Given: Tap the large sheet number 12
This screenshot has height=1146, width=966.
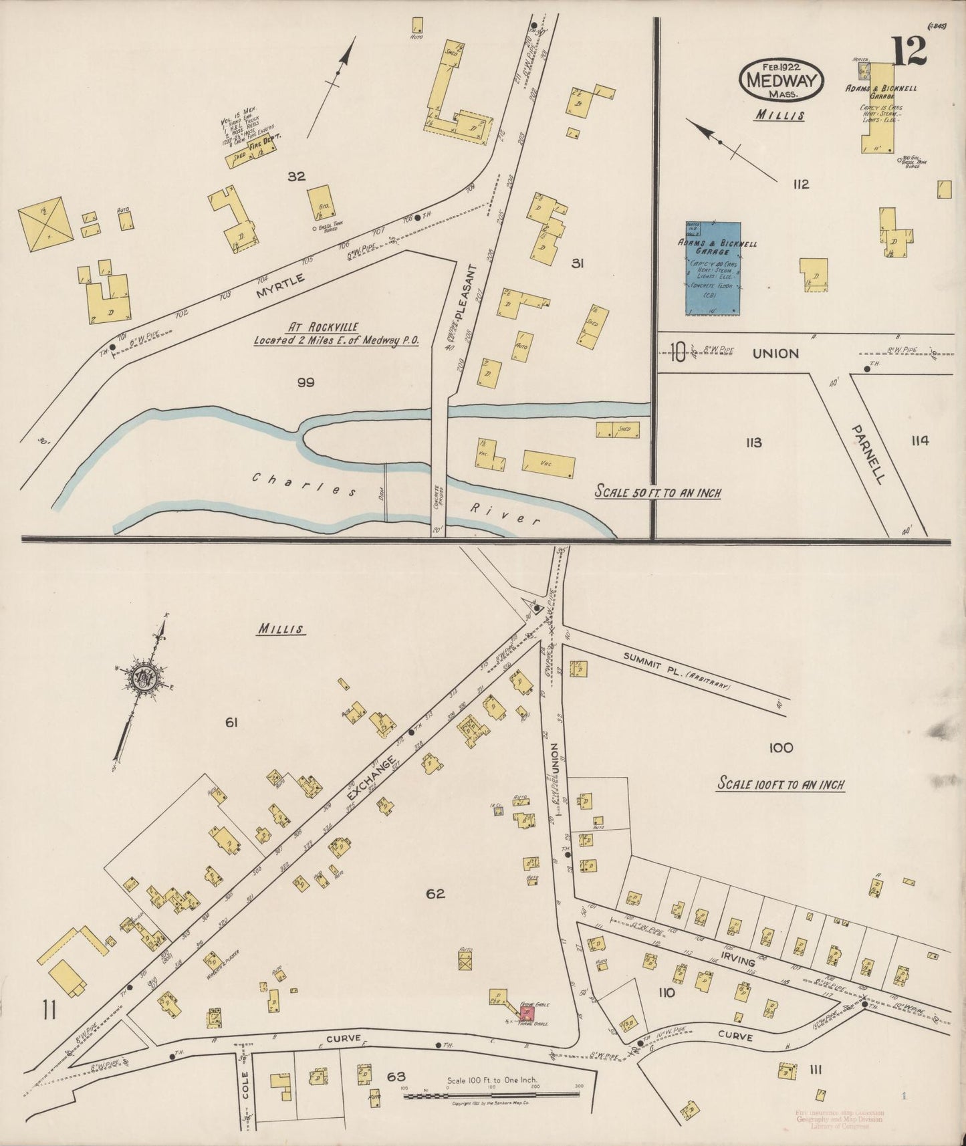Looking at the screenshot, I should click(x=908, y=51).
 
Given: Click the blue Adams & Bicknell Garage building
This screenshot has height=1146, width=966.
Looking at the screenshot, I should click(x=713, y=268).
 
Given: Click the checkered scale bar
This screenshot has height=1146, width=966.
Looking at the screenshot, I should click(x=491, y=1095).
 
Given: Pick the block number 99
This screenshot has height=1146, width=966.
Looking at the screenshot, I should click(x=306, y=382).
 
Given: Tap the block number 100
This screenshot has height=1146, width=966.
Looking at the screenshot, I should click(x=780, y=748).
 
